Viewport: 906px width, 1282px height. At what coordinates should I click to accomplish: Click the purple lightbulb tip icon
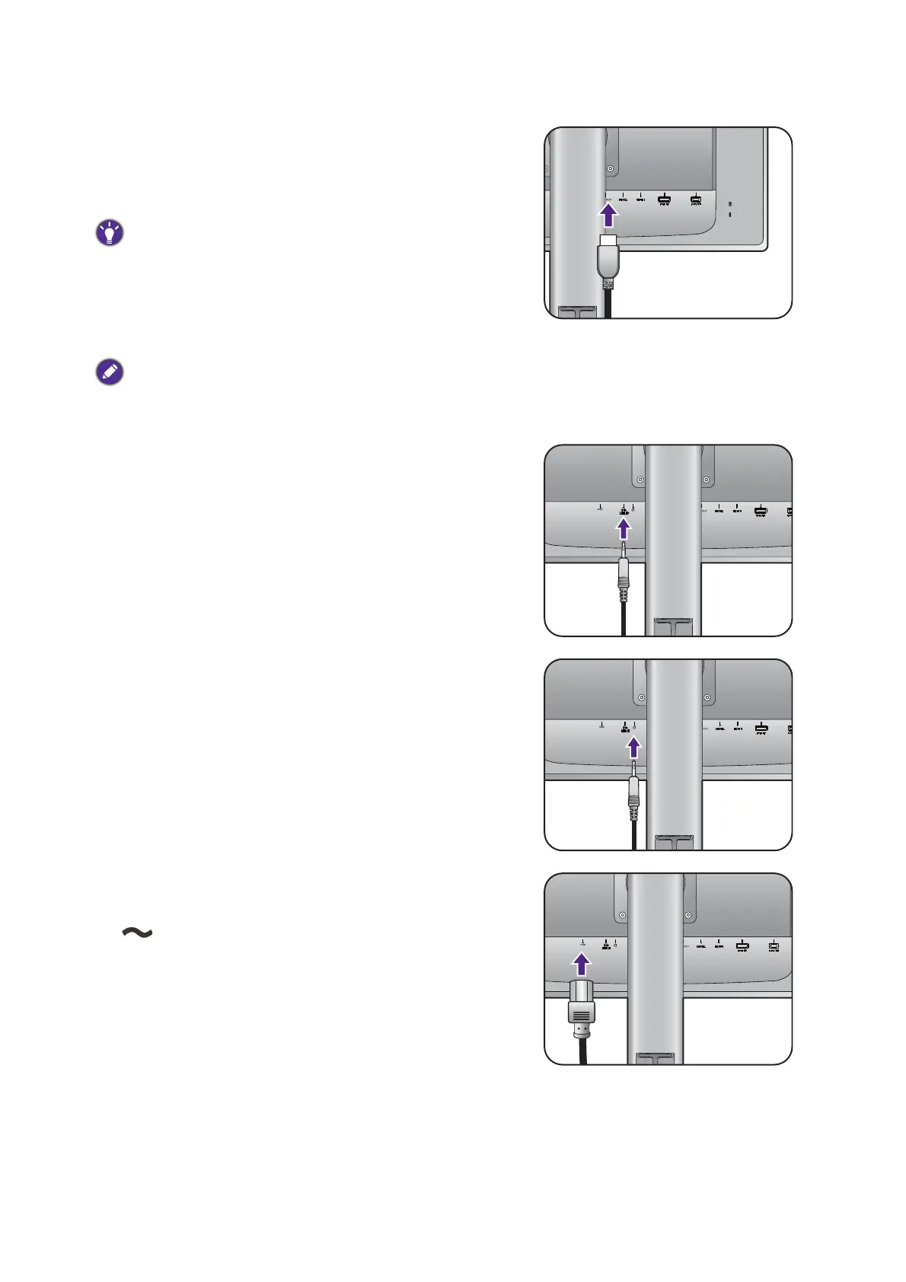110,232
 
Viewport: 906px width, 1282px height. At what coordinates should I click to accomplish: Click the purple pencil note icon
110,372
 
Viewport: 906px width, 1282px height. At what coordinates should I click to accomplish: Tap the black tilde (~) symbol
137,933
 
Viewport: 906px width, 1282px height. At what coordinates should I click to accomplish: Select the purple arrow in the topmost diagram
608,215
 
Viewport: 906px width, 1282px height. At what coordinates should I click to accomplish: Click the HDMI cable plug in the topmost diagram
608,259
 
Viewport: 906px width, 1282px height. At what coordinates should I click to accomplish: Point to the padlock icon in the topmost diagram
731,204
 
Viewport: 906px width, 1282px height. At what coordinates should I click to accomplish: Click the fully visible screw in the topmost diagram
610,169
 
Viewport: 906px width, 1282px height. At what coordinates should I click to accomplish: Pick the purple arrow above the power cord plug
582,964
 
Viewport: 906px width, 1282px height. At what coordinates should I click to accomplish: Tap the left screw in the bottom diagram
623,914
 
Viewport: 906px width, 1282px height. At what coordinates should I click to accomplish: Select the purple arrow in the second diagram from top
624,528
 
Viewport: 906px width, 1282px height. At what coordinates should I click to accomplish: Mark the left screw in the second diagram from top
640,480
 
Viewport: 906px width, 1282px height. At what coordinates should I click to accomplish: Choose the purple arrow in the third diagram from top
633,748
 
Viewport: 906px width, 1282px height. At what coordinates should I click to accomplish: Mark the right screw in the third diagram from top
708,697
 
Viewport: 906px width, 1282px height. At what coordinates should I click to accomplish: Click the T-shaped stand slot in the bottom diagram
655,1057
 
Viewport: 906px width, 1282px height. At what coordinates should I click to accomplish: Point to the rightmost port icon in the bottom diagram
774,947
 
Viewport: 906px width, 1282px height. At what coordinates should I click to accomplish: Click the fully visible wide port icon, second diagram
760,512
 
